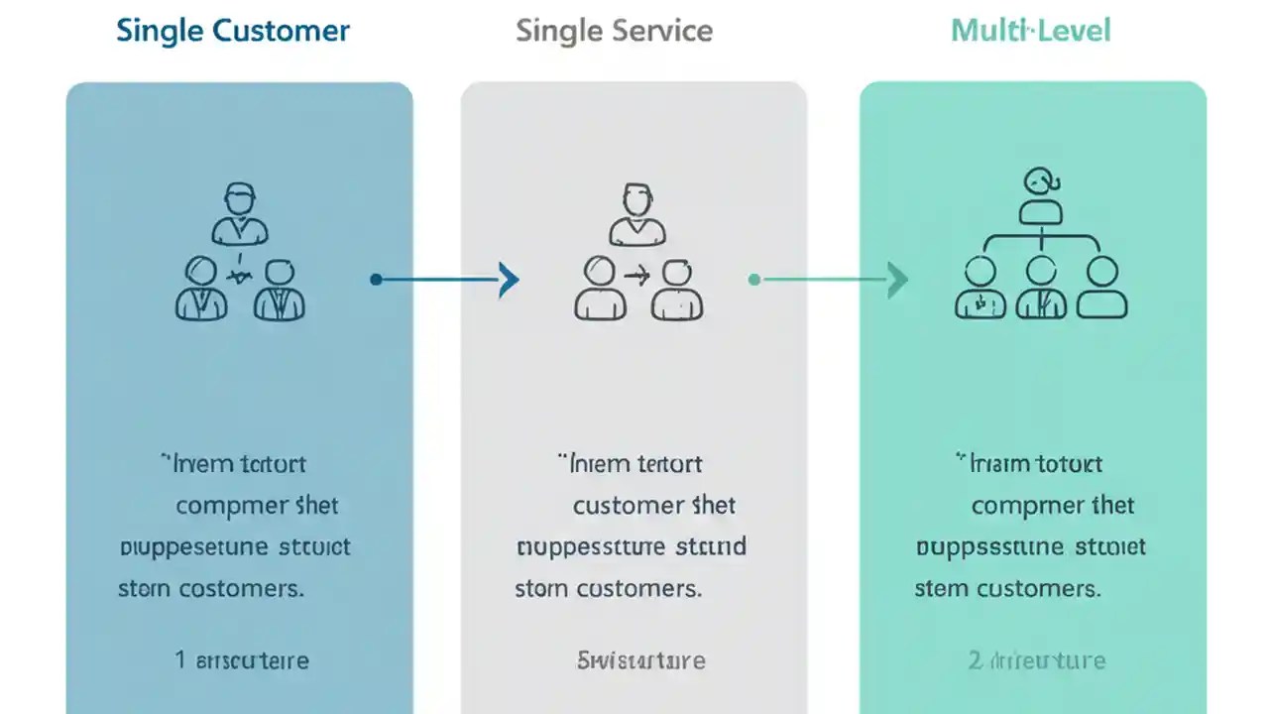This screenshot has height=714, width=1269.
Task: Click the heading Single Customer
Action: tap(233, 31)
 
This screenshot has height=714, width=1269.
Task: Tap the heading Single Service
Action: tap(614, 31)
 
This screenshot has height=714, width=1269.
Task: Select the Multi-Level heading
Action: tap(1031, 31)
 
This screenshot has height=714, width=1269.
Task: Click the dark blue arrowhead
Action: tap(510, 280)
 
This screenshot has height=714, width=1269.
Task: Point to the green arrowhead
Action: tap(898, 280)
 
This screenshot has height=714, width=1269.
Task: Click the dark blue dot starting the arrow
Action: tap(376, 280)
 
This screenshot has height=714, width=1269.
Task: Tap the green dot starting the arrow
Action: tap(754, 280)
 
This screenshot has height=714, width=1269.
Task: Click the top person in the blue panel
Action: tap(240, 213)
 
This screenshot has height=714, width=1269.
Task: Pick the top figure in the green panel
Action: tap(1040, 196)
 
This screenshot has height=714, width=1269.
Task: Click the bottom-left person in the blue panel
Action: tap(201, 289)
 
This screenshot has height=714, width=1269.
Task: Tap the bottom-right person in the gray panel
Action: tap(678, 290)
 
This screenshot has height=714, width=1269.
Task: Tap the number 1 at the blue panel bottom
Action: tap(180, 660)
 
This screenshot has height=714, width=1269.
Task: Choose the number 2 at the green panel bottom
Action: tap(974, 660)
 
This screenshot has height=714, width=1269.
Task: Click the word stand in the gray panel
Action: tap(710, 546)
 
